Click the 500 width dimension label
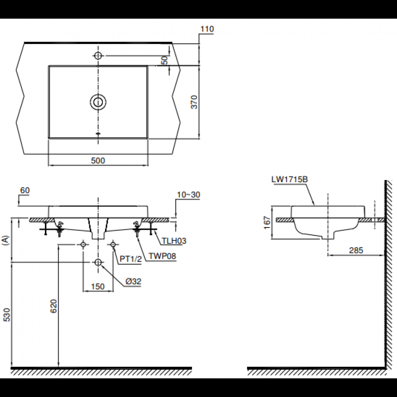click(98, 160)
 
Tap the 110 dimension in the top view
click(207, 29)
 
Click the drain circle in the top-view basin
click(98, 102)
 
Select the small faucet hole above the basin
click(98, 56)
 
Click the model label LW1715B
click(290, 179)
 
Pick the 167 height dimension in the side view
click(267, 222)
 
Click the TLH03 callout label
click(174, 241)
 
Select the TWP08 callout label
click(163, 256)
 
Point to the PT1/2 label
click(131, 259)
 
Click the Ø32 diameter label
click(133, 281)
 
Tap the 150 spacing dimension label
click(98, 287)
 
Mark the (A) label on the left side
click(5, 241)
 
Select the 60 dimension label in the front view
click(25, 191)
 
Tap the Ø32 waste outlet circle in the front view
click(98, 262)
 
